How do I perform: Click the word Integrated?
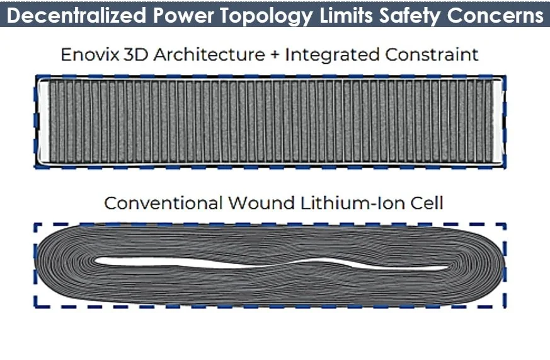[x=330, y=55]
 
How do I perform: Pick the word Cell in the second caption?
[x=428, y=204]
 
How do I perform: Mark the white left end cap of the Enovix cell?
[x=43, y=120]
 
